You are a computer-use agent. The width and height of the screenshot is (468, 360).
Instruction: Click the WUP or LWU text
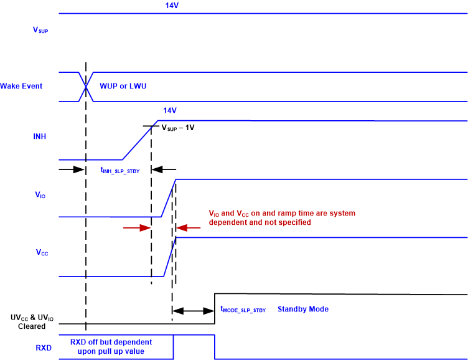pyautogui.click(x=122, y=86)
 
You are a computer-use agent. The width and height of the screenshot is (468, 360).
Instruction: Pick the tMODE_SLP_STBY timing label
pyautogui.click(x=243, y=310)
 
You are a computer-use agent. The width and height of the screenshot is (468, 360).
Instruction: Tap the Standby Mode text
pyautogui.click(x=303, y=309)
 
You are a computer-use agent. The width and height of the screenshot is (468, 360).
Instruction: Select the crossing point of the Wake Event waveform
pyautogui.click(x=86, y=86)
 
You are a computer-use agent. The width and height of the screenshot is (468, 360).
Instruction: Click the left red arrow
pyautogui.click(x=137, y=228)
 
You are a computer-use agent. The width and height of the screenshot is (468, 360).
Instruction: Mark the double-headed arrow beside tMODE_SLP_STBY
pyautogui.click(x=194, y=310)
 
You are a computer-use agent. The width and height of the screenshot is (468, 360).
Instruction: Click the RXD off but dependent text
pyautogui.click(x=111, y=347)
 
